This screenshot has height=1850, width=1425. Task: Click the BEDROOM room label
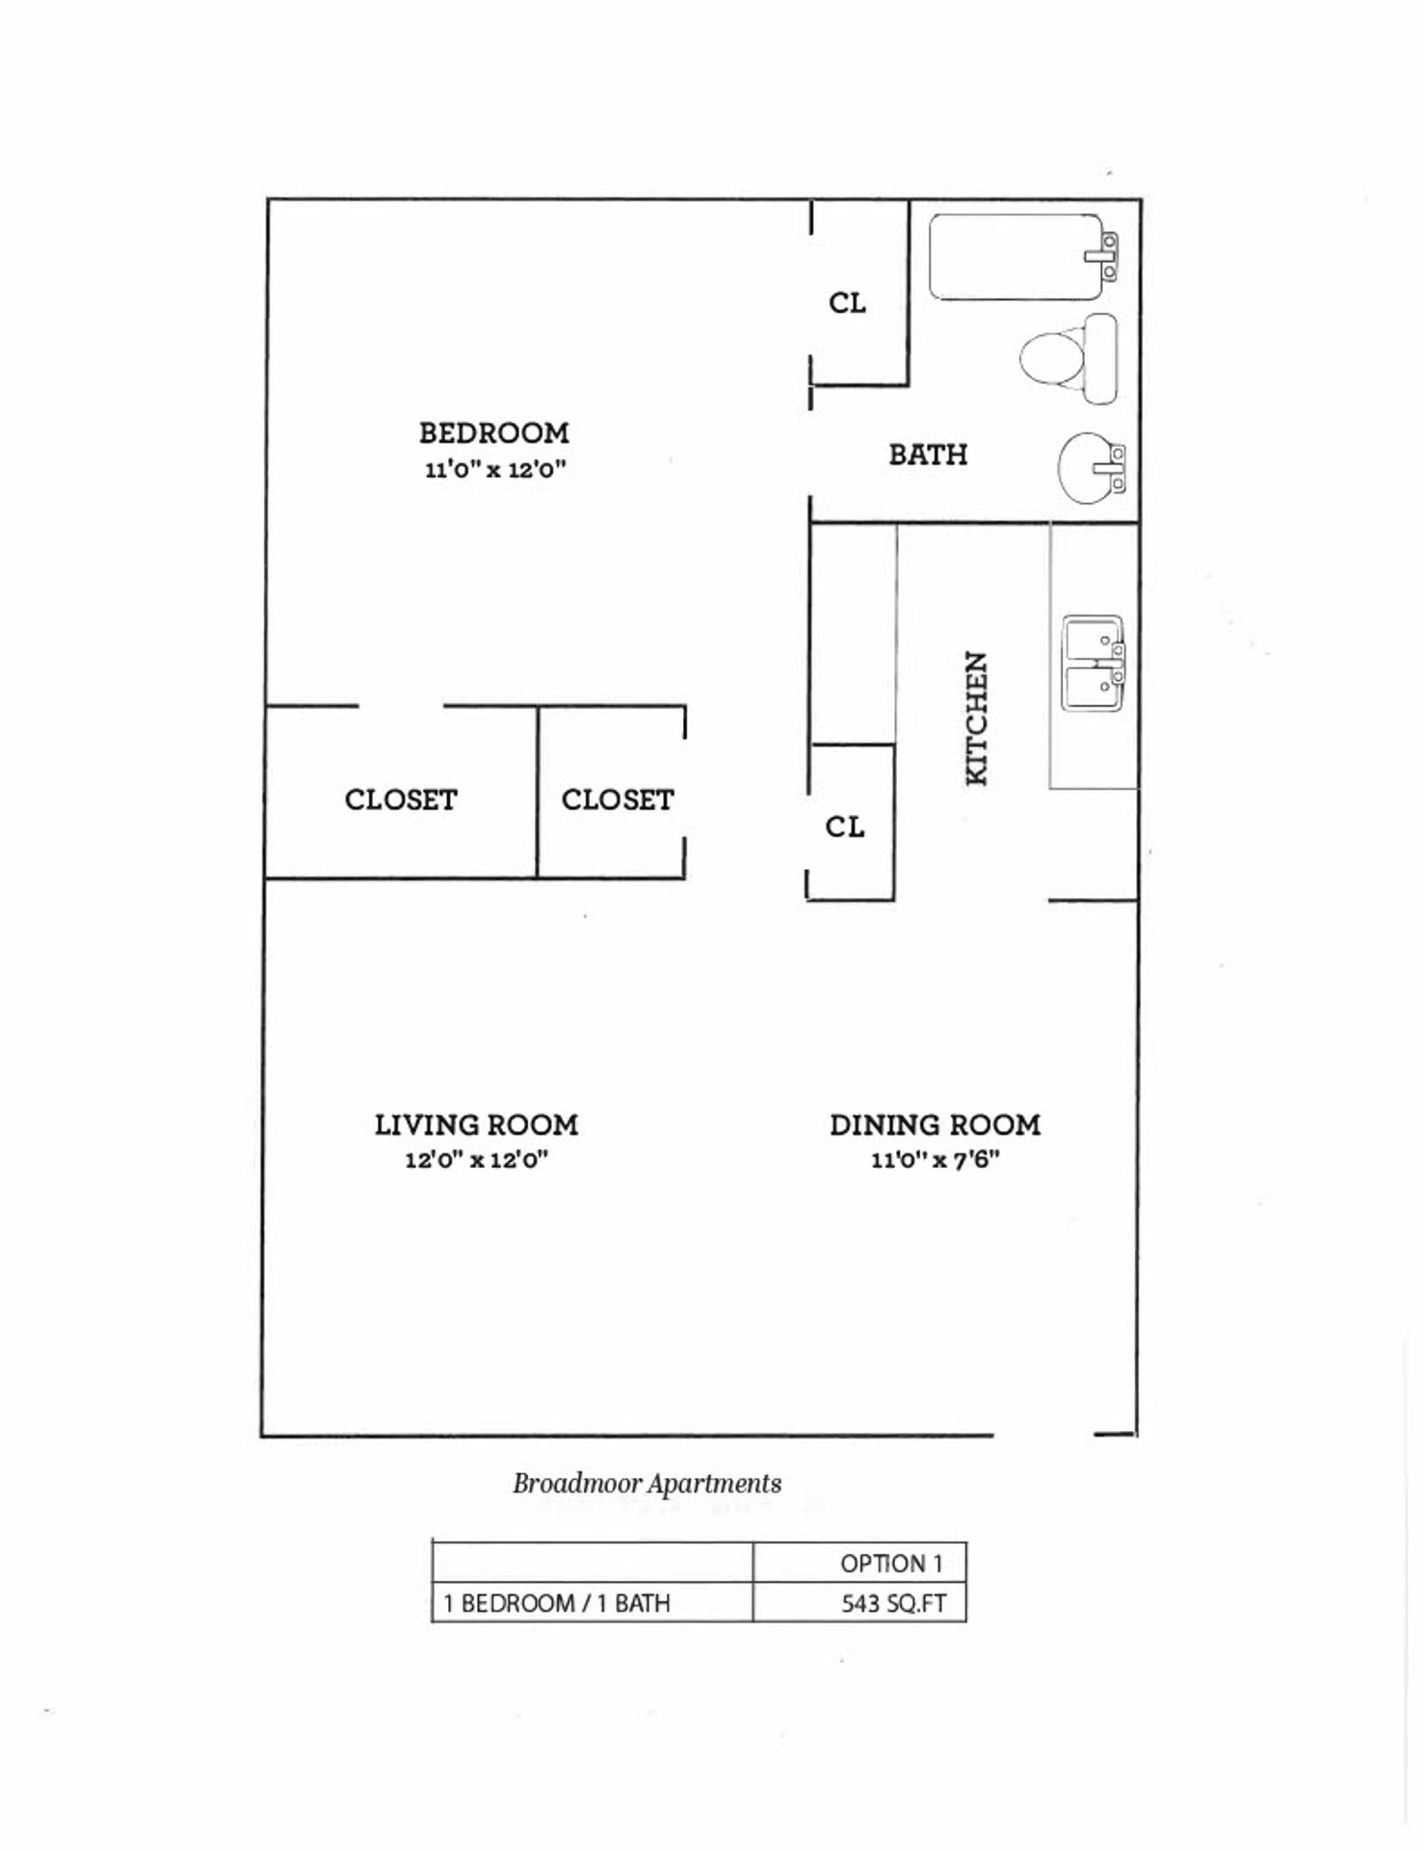click(x=493, y=434)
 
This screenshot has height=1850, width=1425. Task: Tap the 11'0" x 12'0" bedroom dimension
click(x=494, y=470)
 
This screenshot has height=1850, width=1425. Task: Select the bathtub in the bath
click(x=1016, y=257)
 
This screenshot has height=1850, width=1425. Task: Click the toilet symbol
click(x=1066, y=358)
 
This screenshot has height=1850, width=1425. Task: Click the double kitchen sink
click(x=1094, y=664)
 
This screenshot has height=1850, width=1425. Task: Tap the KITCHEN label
click(x=977, y=718)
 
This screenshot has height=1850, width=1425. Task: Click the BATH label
click(x=928, y=455)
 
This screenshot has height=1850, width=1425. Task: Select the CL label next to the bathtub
click(x=847, y=304)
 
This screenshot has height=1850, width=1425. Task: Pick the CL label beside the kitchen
click(x=844, y=827)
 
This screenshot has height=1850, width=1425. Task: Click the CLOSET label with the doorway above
click(x=401, y=800)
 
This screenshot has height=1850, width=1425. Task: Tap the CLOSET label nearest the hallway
click(x=618, y=800)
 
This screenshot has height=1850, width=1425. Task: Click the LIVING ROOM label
click(x=476, y=1125)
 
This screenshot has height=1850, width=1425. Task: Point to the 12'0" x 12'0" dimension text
click(x=476, y=1160)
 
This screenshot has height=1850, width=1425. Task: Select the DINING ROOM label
click(x=935, y=1125)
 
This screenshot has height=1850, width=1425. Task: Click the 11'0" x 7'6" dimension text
click(x=935, y=1160)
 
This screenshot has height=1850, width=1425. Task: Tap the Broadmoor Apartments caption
click(x=647, y=1484)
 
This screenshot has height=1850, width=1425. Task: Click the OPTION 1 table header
click(x=890, y=1563)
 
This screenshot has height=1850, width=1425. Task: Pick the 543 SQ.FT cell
click(x=892, y=1603)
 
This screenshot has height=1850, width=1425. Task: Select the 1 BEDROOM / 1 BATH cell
click(x=556, y=1603)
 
